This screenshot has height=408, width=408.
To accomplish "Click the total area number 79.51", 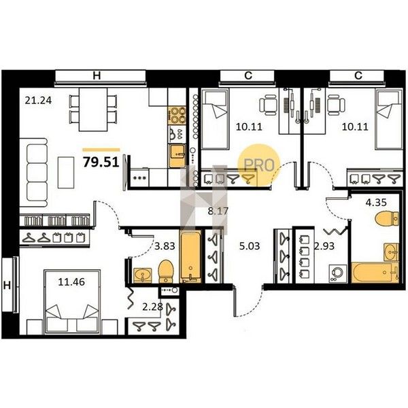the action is coord(101,162).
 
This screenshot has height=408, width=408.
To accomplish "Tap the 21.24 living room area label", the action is coord(38,100).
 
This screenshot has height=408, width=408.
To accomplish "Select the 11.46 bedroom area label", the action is coord(71,282).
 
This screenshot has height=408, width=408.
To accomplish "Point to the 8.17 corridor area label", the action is coord(218,211).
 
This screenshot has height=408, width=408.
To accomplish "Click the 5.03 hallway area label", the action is coord(250,246).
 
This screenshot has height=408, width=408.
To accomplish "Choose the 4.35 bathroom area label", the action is coord(376,202).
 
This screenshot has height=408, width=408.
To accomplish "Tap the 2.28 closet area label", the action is coord(153,307).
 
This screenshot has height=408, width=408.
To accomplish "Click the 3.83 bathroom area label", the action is coord(165,246).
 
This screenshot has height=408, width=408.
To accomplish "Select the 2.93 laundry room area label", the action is coord(324,246).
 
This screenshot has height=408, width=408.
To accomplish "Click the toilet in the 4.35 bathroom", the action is coord(387,219).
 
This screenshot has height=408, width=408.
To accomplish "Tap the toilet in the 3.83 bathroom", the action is coord(166,271).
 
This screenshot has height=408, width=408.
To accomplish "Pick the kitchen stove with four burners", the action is coord(177,116).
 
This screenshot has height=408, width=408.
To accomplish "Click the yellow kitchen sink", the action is coord(177,156).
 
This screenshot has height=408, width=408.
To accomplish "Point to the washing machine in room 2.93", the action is coord(338,273).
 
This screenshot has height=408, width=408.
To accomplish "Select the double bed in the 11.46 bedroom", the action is coord(72,301).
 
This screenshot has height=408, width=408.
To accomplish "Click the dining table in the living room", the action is coord(93,109).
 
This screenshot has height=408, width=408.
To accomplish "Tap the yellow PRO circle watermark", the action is coord(259,165).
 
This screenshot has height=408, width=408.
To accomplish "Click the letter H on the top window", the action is coord(97,75).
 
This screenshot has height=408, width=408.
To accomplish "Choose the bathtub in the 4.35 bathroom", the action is coord(375,273).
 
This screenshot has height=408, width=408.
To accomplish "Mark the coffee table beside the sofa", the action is coord(66,173).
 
